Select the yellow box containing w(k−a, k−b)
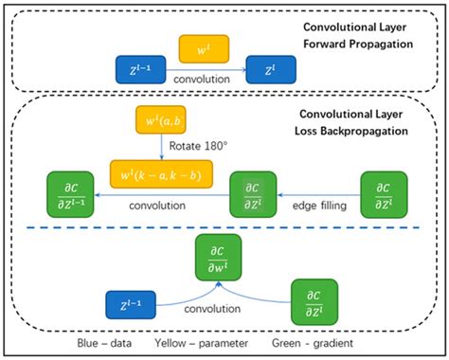click(160, 174)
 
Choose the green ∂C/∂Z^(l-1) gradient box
click(72, 194)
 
